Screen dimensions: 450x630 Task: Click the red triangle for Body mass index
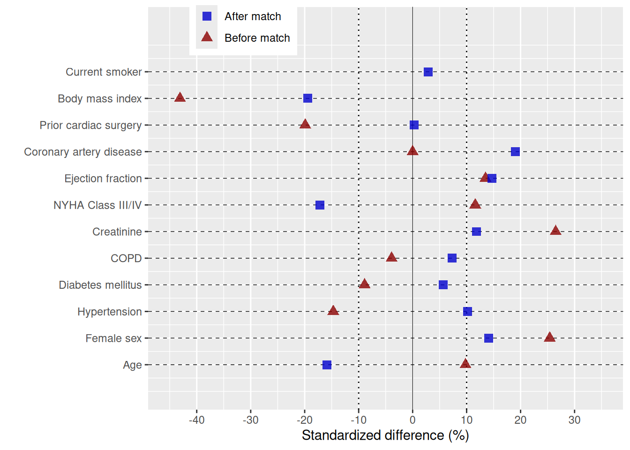[180, 97]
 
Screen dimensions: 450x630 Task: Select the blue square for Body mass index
[307, 98]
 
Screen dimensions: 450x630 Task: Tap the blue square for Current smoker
[428, 72]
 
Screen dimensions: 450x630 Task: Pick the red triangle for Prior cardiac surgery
[305, 124]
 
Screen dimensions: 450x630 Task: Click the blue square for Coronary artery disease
[515, 152]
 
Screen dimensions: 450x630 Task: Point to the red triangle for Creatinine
[555, 231]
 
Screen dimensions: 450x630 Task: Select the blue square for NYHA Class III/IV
[320, 205]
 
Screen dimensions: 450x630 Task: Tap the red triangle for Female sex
[550, 337]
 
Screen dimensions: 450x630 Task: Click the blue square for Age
[327, 365]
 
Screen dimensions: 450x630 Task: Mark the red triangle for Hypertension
[333, 310]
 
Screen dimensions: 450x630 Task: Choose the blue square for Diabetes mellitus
[443, 285]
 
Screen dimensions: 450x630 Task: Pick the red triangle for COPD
[391, 257]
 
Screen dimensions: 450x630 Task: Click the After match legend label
[253, 16]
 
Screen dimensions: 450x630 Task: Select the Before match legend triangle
[207, 37]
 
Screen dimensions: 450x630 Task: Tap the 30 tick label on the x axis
[574, 420]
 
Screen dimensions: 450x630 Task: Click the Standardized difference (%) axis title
[385, 435]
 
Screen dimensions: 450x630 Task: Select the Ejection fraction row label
[103, 179]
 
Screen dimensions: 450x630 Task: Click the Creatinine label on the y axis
[117, 232]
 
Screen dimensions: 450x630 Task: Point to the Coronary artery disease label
[83, 152]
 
